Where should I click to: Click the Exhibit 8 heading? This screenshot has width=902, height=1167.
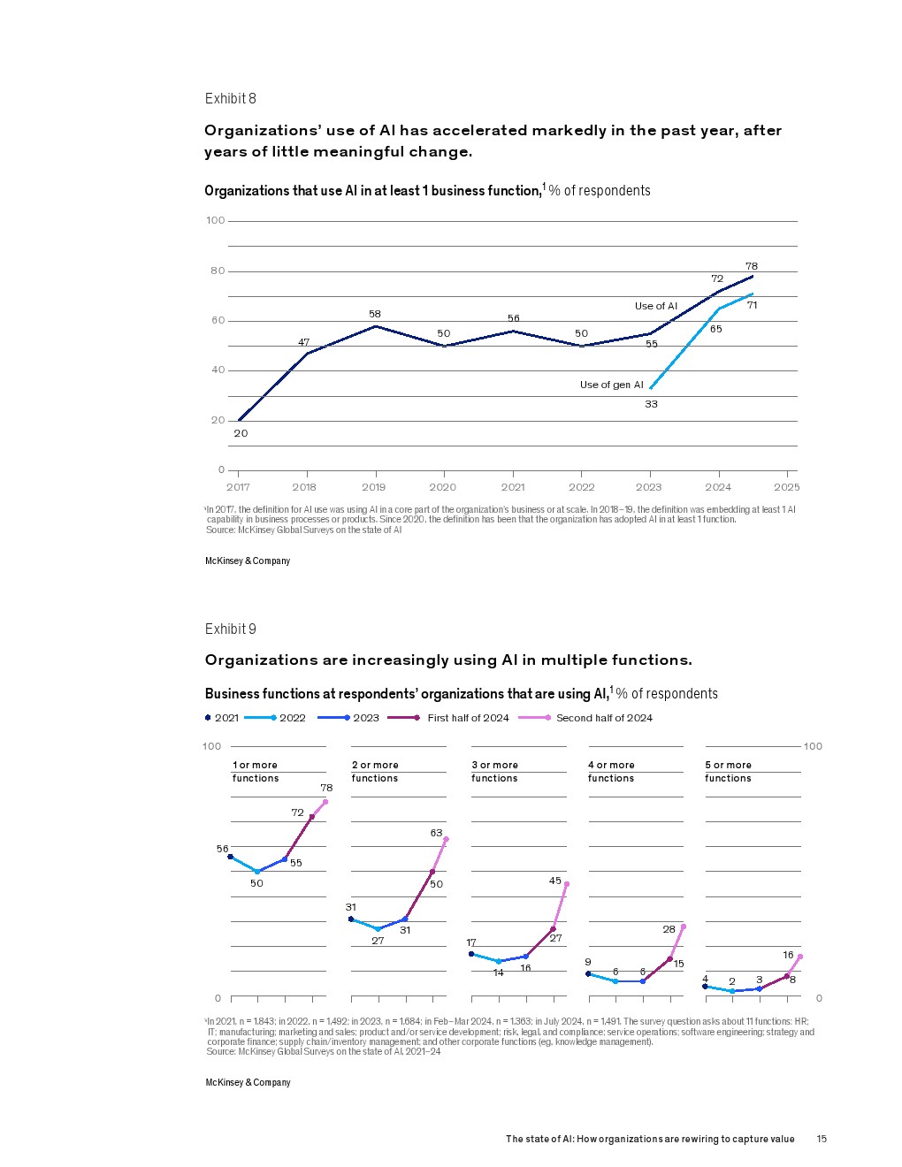click(231, 98)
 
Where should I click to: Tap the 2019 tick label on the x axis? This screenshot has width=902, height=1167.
click(373, 487)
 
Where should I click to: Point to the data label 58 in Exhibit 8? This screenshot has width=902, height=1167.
click(375, 314)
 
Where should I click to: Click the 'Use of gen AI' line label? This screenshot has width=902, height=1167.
click(611, 385)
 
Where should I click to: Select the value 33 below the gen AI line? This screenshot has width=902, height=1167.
click(651, 404)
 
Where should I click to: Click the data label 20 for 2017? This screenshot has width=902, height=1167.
click(241, 433)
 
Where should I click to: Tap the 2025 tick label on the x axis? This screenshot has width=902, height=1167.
click(786, 487)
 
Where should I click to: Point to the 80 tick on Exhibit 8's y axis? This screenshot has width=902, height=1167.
click(218, 271)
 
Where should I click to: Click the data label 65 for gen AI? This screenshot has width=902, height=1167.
click(715, 329)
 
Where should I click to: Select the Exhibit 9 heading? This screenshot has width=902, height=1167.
click(231, 629)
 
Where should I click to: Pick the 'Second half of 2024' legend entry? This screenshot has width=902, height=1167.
click(603, 718)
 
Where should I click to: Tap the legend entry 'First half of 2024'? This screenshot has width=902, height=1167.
click(468, 718)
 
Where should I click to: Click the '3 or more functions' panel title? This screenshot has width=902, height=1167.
click(494, 771)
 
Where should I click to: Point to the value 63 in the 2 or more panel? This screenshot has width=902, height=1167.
click(436, 833)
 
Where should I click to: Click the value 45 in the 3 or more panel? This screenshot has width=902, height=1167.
click(555, 881)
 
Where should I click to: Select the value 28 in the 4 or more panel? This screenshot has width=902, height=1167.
click(669, 929)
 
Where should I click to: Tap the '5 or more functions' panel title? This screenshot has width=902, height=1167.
click(728, 771)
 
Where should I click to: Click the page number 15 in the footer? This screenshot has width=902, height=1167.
click(822, 1139)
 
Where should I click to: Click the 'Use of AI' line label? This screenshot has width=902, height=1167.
click(655, 306)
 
